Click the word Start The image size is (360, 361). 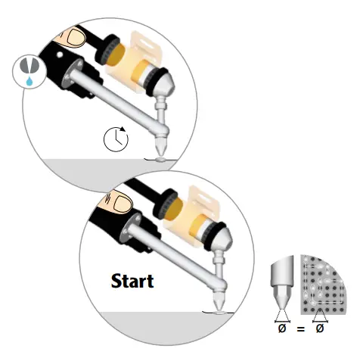[x=132, y=282]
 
